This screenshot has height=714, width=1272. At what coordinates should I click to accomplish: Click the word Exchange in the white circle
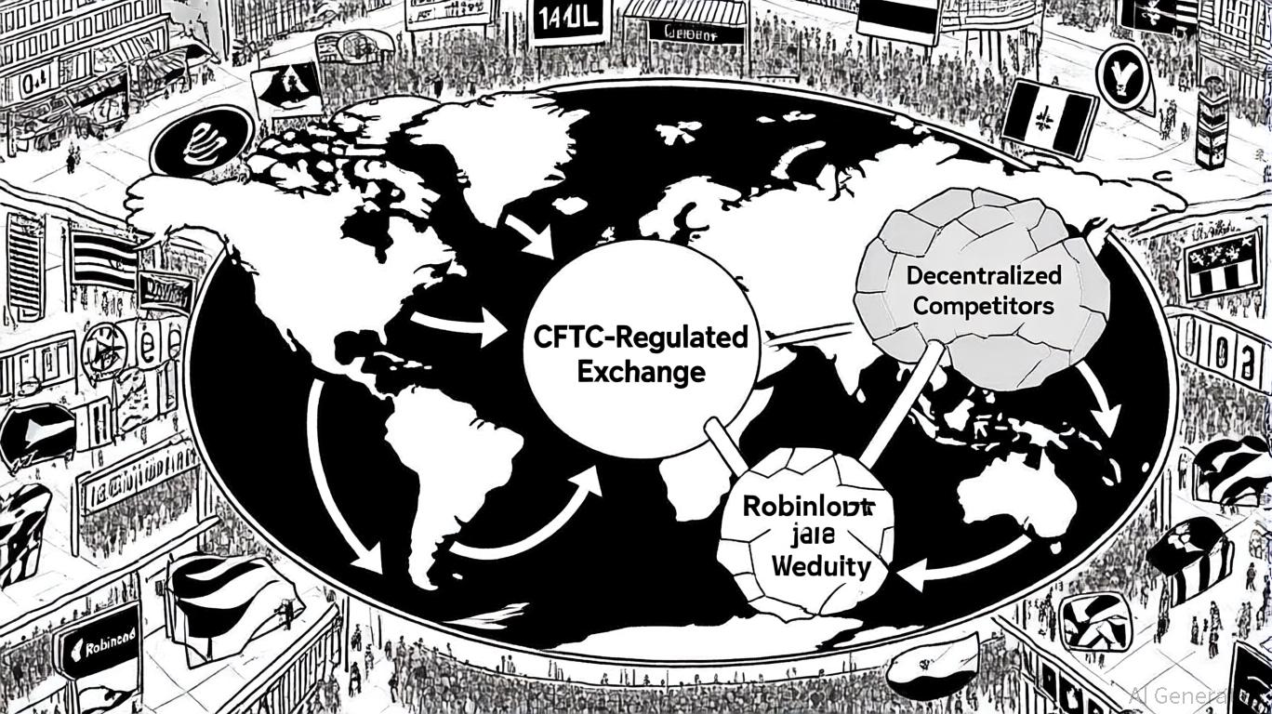(641, 373)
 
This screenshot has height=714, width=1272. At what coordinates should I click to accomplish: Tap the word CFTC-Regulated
(641, 337)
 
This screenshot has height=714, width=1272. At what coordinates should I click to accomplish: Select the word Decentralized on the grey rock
(984, 276)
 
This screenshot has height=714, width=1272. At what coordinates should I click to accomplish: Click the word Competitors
(983, 305)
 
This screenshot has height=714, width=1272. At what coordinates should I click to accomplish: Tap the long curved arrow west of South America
(335, 483)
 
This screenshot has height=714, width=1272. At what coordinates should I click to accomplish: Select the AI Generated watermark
(1199, 694)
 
